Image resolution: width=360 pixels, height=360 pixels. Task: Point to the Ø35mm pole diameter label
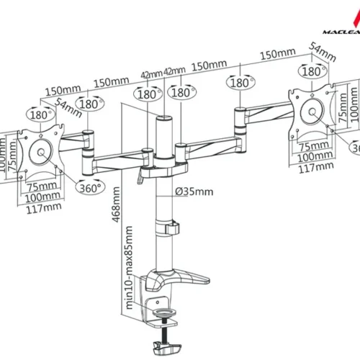[x=194, y=192]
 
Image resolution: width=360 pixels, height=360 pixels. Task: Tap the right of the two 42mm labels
[x=174, y=71]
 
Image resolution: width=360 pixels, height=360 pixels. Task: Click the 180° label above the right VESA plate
[x=311, y=72]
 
